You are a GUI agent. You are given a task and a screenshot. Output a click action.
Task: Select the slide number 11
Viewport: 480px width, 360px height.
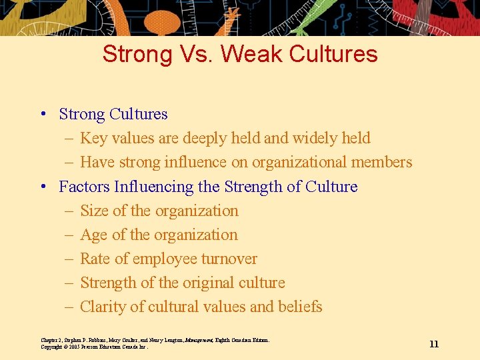tap(434, 344)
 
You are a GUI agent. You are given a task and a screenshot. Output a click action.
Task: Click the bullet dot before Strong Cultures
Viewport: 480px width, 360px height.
tap(42, 115)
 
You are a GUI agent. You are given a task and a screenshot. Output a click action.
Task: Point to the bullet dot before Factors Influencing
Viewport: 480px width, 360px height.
tap(42, 187)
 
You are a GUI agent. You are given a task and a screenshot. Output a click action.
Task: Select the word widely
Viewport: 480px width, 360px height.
tap(318, 138)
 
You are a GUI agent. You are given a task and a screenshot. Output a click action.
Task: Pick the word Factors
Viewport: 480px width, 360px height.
tap(83, 187)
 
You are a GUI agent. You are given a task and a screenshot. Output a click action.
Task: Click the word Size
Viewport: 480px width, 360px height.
tap(94, 211)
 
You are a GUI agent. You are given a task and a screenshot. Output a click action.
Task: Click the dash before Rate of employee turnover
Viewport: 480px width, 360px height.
tap(69, 259)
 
